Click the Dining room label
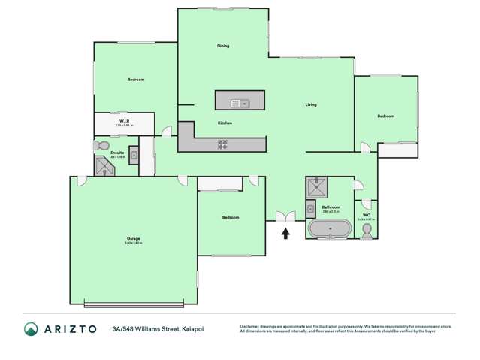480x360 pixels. pos(223,46)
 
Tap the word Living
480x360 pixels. pos(310,104)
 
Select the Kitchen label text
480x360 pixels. pos(225,123)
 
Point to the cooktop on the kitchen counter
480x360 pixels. pos(223,144)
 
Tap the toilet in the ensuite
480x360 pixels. pos(102,146)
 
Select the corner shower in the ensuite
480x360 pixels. pos(103,166)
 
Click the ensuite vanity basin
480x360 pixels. pos(134,156)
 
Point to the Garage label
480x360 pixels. pos(133,239)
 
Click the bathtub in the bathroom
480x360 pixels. pos(329,229)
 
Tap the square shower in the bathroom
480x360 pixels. pos(315,186)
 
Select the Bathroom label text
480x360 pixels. pos(331,207)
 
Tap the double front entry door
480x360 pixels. pos(285,218)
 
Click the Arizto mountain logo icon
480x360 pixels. pos(31,328)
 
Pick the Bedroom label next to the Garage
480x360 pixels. pos(230,217)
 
